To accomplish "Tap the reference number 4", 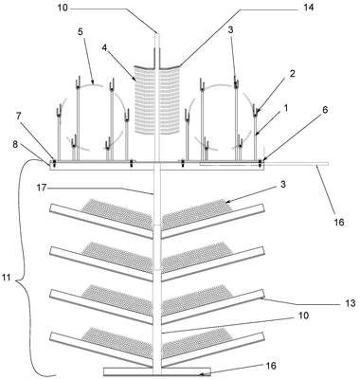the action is tap(105, 48).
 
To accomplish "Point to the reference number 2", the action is tap(293, 74).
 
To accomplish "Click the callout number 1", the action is tap(286, 109).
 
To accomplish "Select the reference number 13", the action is tap(350, 303).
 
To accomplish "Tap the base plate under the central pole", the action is tap(157, 371).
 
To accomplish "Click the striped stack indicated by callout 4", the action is tap(157, 99).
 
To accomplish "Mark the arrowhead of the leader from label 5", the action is tap(93, 82).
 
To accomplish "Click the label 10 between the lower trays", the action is tap(302, 316).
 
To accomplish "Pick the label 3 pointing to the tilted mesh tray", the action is tap(283, 185).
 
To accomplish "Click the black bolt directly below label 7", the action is tap(54, 163).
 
